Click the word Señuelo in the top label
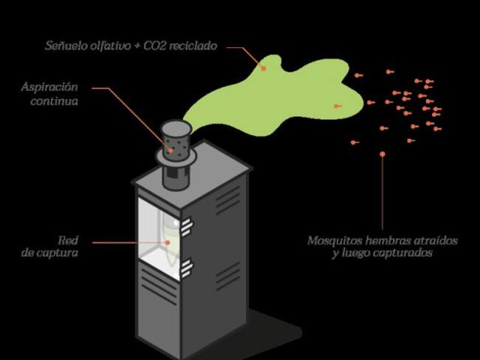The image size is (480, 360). tap(64, 46)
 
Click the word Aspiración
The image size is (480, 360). tap(50, 86)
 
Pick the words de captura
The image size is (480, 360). tap(50, 253)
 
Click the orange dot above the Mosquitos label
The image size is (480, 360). tap(383, 154)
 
